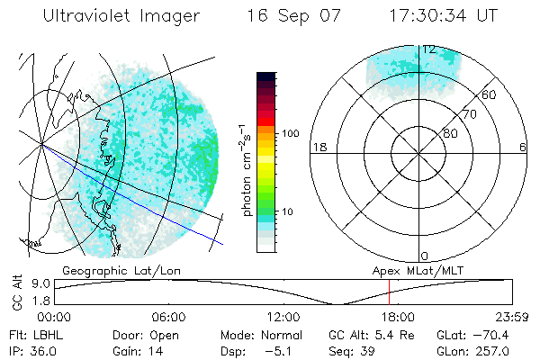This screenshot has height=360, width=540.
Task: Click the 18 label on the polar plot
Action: [x=318, y=148]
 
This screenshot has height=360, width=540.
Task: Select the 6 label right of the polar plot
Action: [x=524, y=148]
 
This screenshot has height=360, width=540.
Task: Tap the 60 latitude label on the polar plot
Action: [x=490, y=94]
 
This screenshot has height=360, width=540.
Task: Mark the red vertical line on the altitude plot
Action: [x=389, y=292]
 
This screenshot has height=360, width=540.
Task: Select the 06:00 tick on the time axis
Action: [x=169, y=317]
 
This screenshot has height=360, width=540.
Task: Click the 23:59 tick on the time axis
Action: [x=508, y=317]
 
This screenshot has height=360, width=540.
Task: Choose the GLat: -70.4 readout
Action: [x=473, y=335]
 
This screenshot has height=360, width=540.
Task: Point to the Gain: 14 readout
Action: [x=134, y=350]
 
